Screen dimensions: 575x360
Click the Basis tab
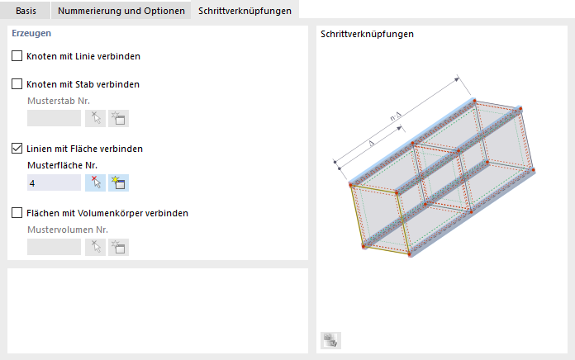click(26, 11)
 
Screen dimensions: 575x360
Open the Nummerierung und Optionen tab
click(121, 11)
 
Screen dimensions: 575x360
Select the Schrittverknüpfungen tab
click(245, 10)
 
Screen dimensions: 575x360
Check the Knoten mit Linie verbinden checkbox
click(17, 55)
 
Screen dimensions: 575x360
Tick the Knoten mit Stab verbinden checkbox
click(17, 84)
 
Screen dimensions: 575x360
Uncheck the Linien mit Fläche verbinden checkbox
click(17, 149)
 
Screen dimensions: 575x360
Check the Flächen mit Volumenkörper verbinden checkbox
click(17, 213)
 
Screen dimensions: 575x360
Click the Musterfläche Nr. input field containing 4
click(54, 182)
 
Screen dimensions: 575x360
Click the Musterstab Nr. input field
click(54, 118)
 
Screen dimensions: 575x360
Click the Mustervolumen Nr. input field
click(54, 247)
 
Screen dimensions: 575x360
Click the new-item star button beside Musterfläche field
click(118, 182)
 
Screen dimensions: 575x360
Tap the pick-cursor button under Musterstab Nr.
click(95, 118)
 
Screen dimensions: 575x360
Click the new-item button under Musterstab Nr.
click(118, 118)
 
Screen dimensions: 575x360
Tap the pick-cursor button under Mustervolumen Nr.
click(95, 247)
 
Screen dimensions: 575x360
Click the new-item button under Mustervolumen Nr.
click(118, 247)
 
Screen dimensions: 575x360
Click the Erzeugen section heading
click(31, 33)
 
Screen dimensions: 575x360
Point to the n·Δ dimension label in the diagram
click(396, 116)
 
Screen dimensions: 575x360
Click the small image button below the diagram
click(330, 340)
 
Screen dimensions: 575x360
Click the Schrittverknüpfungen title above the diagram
click(367, 34)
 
